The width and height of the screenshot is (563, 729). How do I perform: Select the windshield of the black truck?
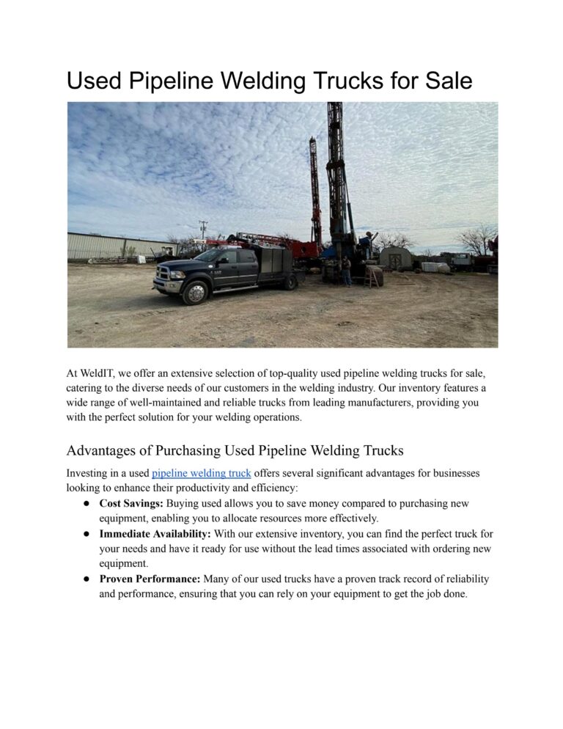pyautogui.click(x=210, y=256)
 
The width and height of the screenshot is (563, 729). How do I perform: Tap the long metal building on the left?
pyautogui.click(x=110, y=246)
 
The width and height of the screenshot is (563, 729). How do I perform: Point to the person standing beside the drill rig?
pyautogui.click(x=346, y=270)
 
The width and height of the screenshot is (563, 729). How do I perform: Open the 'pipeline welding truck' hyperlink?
pyautogui.click(x=201, y=473)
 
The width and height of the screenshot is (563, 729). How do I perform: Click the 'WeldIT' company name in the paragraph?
pyautogui.click(x=95, y=374)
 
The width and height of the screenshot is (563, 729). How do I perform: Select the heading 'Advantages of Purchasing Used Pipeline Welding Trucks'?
pyautogui.click(x=235, y=450)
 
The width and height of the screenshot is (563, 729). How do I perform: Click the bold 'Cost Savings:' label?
pyautogui.click(x=131, y=503)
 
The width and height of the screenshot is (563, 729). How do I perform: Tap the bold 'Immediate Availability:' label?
pyautogui.click(x=155, y=533)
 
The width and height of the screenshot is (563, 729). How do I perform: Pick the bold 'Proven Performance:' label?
pyautogui.click(x=150, y=579)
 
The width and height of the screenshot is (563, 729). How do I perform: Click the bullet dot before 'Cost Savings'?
pyautogui.click(x=86, y=503)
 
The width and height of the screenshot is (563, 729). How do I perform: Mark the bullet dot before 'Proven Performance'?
pyautogui.click(x=86, y=579)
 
